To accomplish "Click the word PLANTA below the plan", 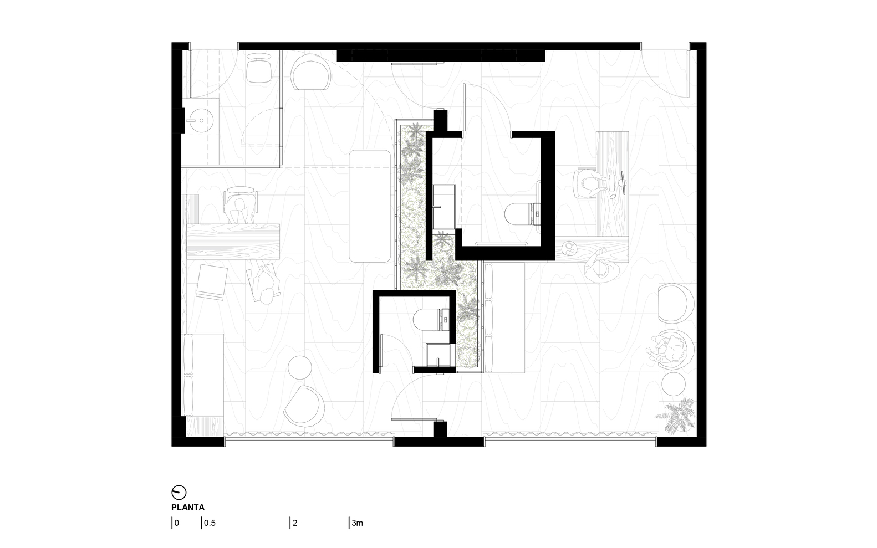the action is point(188,508).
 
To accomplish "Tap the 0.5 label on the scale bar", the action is point(210,523).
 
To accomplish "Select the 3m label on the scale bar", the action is point(358,523).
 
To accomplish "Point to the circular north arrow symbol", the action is point(179,492).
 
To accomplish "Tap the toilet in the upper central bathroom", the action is point(522,214).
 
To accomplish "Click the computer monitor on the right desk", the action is point(623,183).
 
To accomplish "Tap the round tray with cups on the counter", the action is point(568,248).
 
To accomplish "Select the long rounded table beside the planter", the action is point(370,206).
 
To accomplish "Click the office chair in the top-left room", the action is point(259,68).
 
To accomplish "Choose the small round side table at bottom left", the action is point(299,367).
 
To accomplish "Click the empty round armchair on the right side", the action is point(676,304).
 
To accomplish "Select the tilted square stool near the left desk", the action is point(212,282).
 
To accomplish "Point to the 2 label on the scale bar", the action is point(295,523).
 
